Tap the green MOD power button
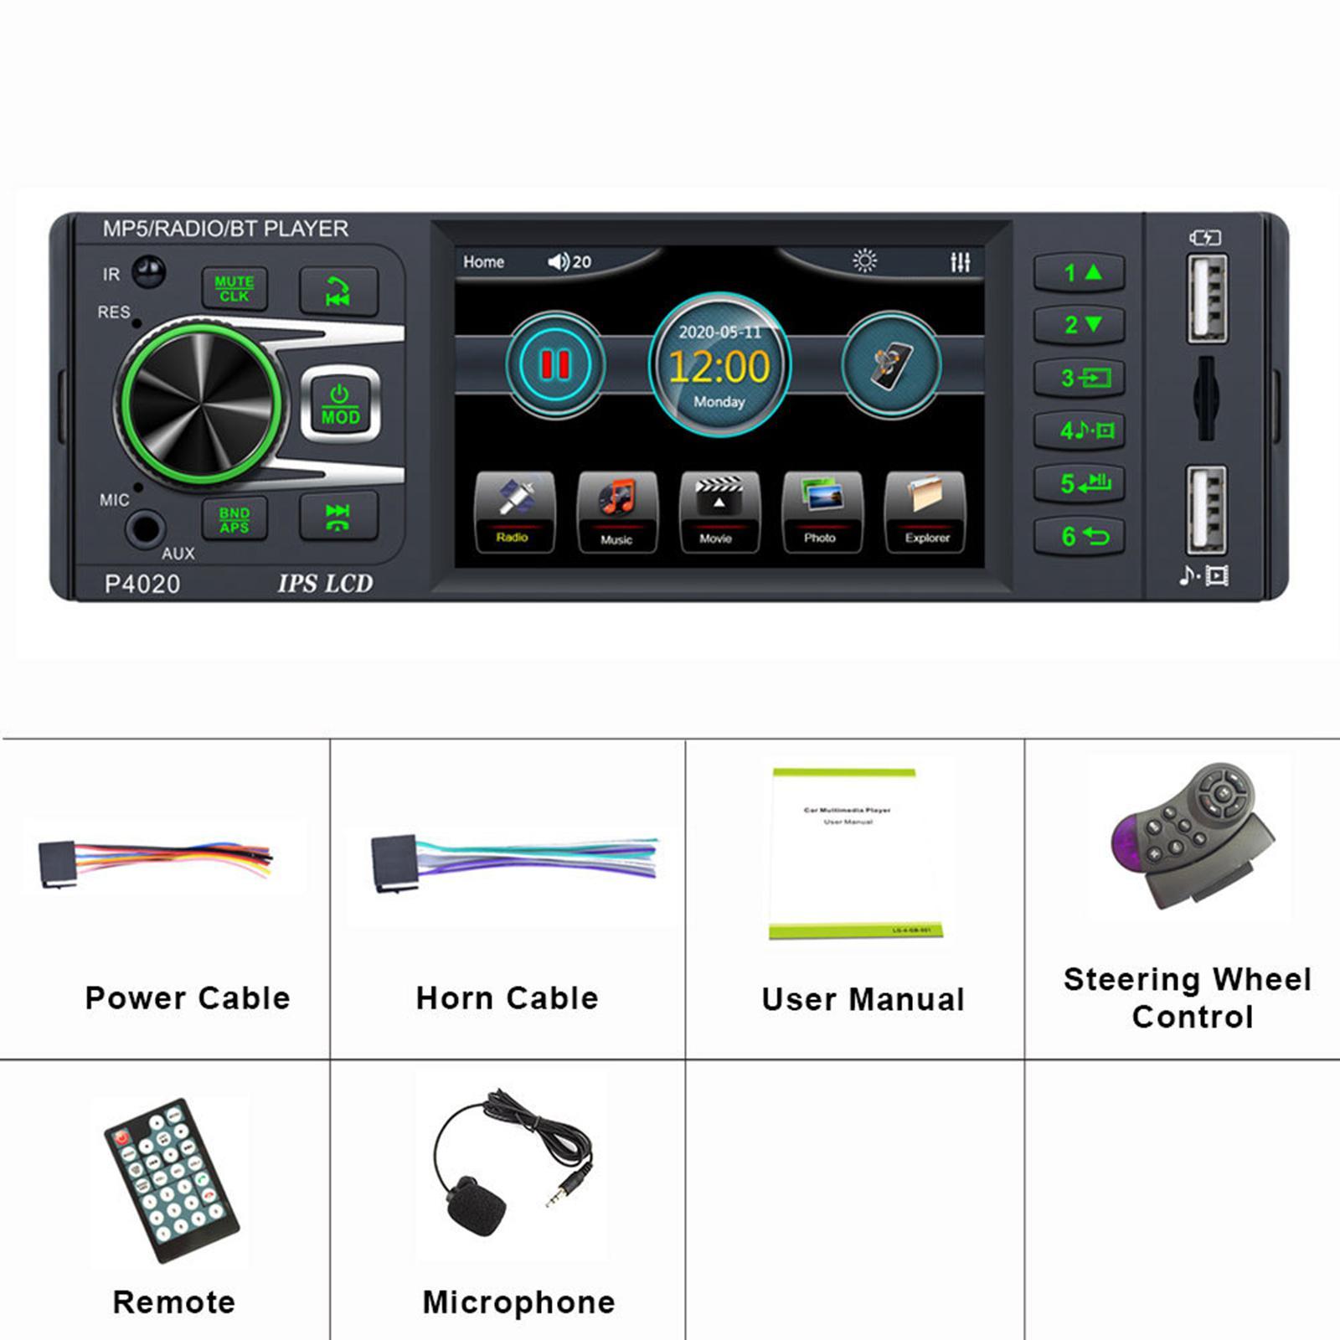coord(340,405)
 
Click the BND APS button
coord(234,519)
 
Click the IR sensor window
coord(149,271)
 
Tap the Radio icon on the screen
coord(513,512)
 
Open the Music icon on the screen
coord(616,512)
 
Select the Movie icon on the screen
coord(719,512)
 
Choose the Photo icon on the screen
coord(821,512)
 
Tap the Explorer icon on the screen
coord(925,512)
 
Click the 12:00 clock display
coord(719,367)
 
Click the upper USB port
coord(1207,298)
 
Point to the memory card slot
coord(1206,399)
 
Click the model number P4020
coord(142,584)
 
